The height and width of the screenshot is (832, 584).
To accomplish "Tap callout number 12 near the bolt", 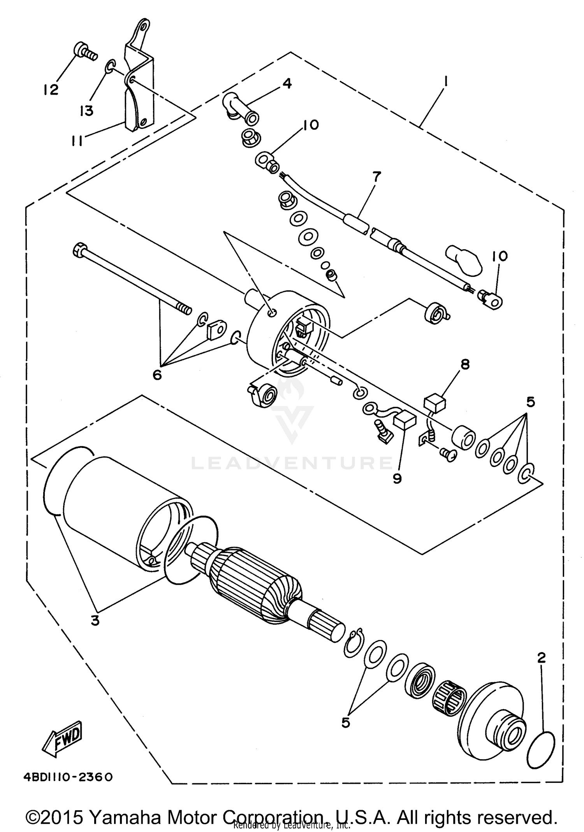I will point(51,90).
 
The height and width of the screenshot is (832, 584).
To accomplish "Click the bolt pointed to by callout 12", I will point(84,52).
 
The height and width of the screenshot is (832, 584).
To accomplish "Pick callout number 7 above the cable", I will point(377,177).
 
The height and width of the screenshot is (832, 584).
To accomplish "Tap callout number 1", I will point(445,82).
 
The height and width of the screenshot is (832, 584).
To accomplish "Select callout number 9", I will point(397,478).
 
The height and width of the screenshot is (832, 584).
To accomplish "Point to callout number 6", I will point(157,375).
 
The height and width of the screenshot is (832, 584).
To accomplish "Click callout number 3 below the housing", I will point(95,620).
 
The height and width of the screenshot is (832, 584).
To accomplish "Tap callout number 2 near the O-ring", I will point(541,658).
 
